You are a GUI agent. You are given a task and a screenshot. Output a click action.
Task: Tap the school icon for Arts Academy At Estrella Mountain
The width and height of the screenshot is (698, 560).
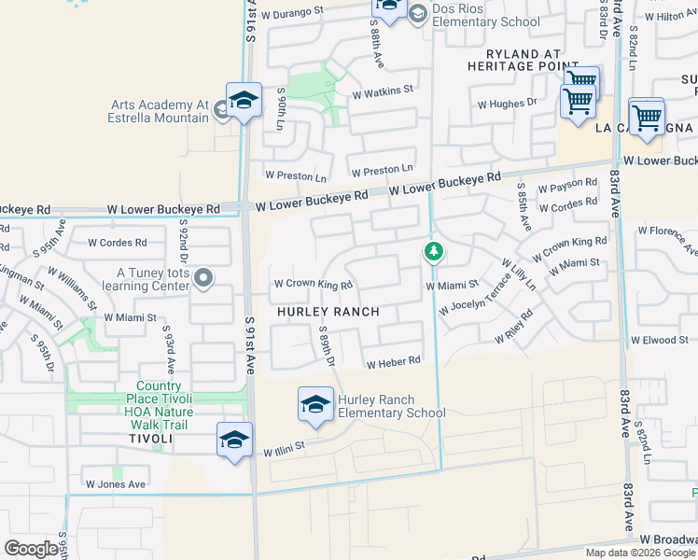pos(244,100)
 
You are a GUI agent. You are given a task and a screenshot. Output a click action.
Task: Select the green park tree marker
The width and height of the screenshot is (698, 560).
pos(433,251)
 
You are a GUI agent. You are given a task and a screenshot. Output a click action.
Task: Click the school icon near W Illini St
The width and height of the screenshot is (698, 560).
pos(234,440)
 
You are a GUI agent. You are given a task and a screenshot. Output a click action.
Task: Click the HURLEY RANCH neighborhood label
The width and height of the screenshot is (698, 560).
pos(326,311)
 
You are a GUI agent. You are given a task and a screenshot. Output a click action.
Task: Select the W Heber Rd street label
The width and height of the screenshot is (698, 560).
pos(394,362)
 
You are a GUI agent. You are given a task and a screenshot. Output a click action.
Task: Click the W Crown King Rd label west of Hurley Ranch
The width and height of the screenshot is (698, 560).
pos(312,285)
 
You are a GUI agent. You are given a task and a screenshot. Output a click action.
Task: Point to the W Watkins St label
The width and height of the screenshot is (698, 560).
pos(382,91)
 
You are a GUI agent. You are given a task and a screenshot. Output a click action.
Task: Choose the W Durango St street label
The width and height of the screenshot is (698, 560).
pos(291,14)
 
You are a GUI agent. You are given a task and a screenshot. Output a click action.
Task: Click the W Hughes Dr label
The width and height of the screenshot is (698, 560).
pos(507,103)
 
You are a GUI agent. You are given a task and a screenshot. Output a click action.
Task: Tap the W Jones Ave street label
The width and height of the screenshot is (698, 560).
pos(116,484)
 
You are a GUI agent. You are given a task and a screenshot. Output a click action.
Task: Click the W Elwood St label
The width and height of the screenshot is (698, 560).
pos(659,341)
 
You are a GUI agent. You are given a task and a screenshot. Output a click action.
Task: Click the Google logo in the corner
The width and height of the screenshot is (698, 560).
pos(32,549)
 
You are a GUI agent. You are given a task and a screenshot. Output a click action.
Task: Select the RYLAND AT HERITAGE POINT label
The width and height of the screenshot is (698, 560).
pos(513,60)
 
